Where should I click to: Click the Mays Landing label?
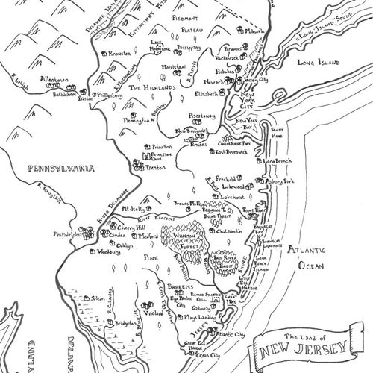[198, 318]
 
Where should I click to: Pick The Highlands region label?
[152, 88]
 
